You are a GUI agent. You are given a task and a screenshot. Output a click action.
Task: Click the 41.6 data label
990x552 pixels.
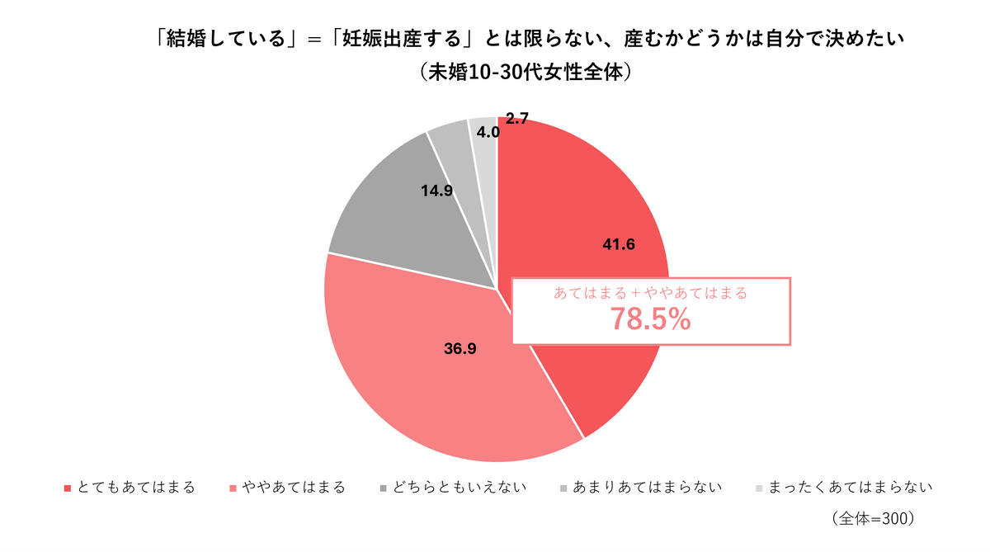coord(619,244)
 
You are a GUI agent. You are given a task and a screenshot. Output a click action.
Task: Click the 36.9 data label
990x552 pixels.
coord(460,348)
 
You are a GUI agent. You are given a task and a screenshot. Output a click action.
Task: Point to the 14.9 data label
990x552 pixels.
coord(436,190)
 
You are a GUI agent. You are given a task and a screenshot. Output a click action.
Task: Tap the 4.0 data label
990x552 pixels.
coord(488,132)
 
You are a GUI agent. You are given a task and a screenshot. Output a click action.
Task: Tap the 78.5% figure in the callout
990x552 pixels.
coord(650,319)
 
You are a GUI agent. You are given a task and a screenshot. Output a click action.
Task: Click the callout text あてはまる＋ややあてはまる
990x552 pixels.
coord(650,293)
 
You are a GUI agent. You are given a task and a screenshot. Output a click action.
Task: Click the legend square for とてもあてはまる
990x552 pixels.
coord(68,488)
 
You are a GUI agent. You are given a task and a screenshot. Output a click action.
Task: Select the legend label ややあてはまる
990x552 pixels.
coord(293,488)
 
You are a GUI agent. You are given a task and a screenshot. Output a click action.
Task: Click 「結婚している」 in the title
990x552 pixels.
coord(227,39)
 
